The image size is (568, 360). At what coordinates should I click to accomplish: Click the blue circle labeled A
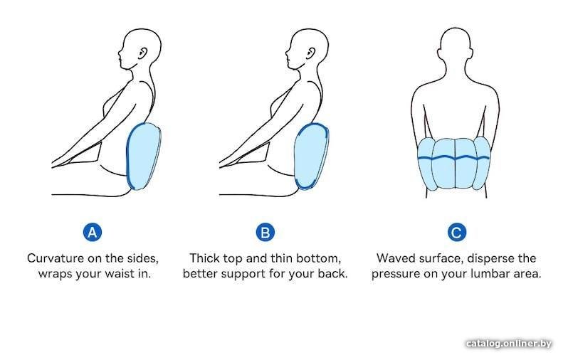click(93, 232)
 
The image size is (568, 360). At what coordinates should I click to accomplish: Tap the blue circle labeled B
click(265, 232)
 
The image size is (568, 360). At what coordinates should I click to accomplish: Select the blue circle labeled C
click(456, 232)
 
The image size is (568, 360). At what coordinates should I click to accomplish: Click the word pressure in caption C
click(395, 274)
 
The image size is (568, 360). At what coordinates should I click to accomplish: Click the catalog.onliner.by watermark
click(509, 344)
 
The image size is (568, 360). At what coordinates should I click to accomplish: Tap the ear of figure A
click(144, 53)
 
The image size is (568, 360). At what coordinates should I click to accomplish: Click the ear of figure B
click(311, 53)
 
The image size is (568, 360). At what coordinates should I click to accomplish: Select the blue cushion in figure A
click(144, 156)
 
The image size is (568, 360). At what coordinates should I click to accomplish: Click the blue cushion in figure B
click(311, 156)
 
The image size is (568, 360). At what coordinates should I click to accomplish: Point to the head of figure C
click(456, 46)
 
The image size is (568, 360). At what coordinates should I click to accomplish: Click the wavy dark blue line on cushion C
click(453, 157)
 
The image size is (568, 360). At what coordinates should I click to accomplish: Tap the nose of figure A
click(119, 53)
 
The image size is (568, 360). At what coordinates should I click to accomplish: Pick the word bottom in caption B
click(319, 258)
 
